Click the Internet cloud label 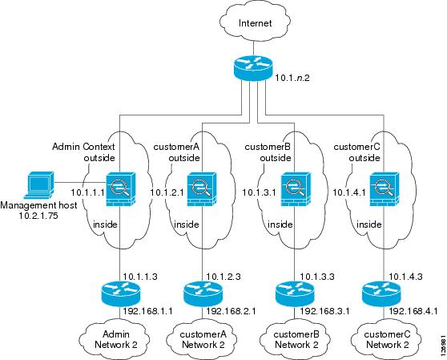pyautogui.click(x=256, y=23)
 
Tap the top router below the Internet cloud pyautogui.click(x=253, y=67)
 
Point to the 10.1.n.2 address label pyautogui.click(x=292, y=78)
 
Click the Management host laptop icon pyautogui.click(x=38, y=185)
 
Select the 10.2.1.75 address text pyautogui.click(x=38, y=216)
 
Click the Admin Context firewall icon pyautogui.click(x=120, y=189)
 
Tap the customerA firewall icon pyautogui.click(x=202, y=189)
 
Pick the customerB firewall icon pyautogui.click(x=296, y=189)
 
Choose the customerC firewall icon pyautogui.click(x=385, y=189)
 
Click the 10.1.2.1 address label pyautogui.click(x=167, y=192)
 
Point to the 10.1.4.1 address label pyautogui.click(x=349, y=192)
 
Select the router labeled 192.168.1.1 pyautogui.click(x=121, y=294)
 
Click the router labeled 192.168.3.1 pyautogui.click(x=295, y=294)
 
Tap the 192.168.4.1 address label pyautogui.click(x=413, y=311)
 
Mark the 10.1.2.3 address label pyautogui.click(x=223, y=277)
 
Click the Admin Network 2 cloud pyautogui.click(x=115, y=339)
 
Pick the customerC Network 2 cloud pyautogui.click(x=386, y=339)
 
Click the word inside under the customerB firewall pyautogui.click(x=280, y=224)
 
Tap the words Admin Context pyautogui.click(x=83, y=147)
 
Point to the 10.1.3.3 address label pyautogui.click(x=317, y=277)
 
